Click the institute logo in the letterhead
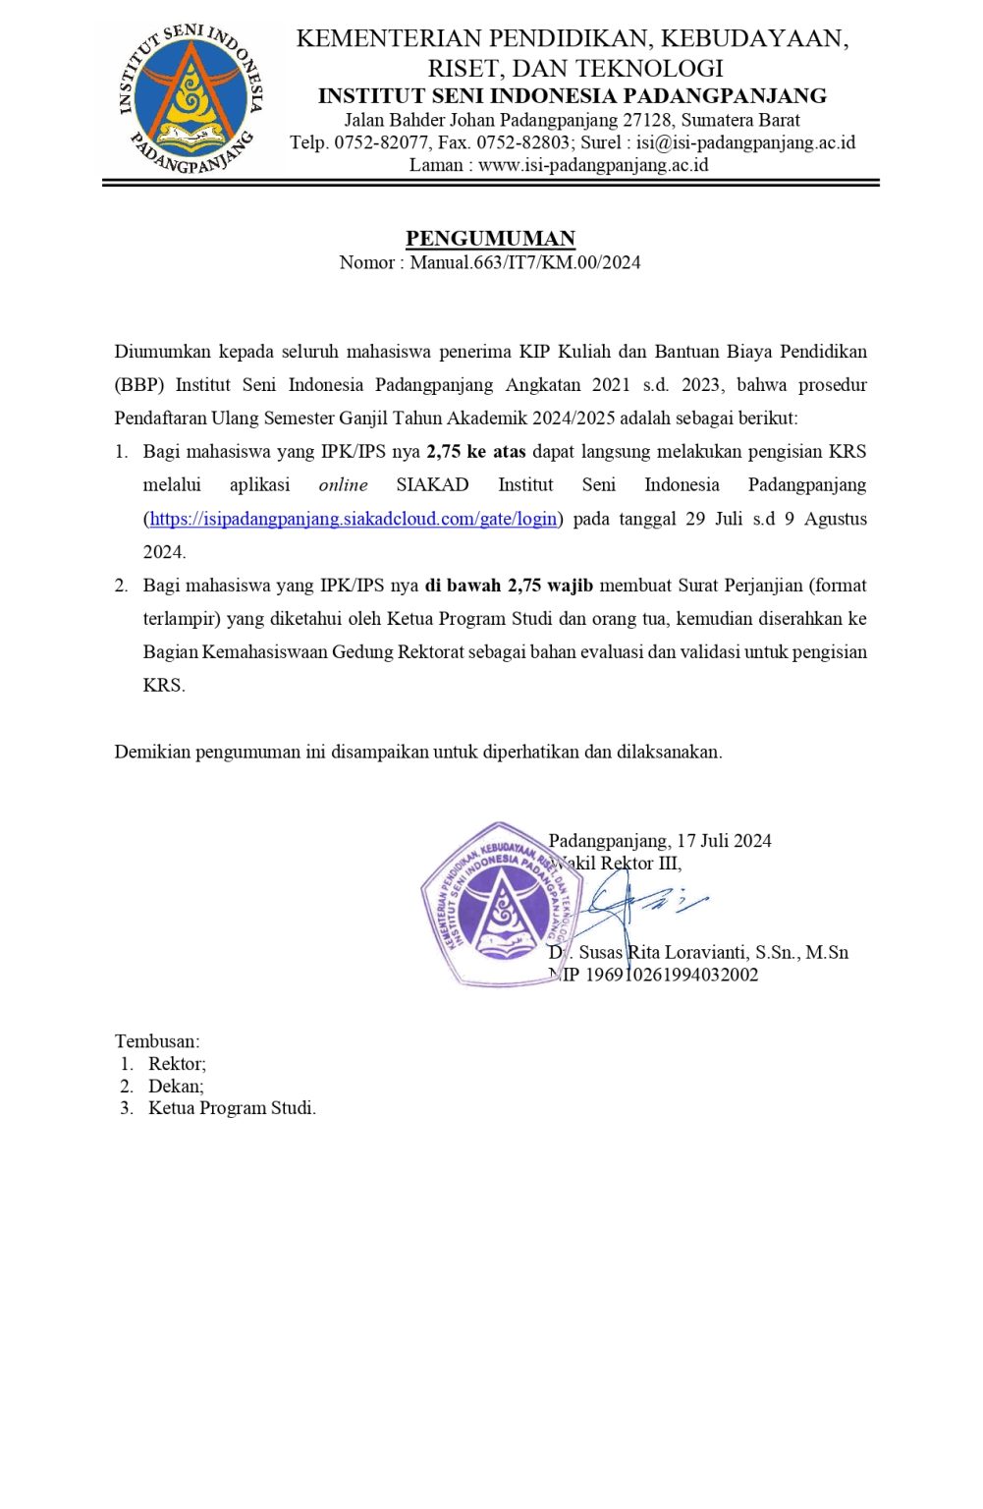(191, 98)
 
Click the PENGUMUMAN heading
(490, 239)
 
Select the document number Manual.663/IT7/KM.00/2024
(525, 262)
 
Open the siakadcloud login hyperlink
(354, 519)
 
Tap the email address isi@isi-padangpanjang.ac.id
(745, 142)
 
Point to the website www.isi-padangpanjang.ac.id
(593, 165)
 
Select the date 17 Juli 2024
(724, 841)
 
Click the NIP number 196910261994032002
(672, 976)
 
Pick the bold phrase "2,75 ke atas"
(476, 452)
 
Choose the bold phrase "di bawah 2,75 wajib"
(509, 586)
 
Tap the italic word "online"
(343, 485)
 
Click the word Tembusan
(156, 1041)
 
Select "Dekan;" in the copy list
(176, 1087)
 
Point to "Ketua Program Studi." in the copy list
(232, 1108)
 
